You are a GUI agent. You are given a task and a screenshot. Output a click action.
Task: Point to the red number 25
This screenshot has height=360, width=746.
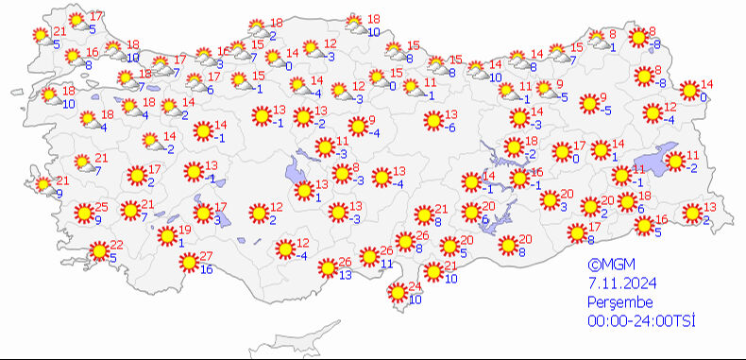(x=102, y=208)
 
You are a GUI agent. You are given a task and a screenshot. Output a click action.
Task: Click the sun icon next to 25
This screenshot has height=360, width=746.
(x=83, y=214)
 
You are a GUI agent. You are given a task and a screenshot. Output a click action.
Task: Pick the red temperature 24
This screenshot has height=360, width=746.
(x=413, y=288)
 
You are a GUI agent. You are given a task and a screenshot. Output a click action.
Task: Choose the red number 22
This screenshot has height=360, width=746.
(x=117, y=245)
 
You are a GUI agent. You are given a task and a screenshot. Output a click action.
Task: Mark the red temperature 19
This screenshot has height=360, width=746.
(x=185, y=230)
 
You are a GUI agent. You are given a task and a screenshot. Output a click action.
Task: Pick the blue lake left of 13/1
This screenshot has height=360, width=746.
(x=297, y=171)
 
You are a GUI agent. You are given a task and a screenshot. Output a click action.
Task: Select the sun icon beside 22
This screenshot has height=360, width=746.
(x=98, y=251)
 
